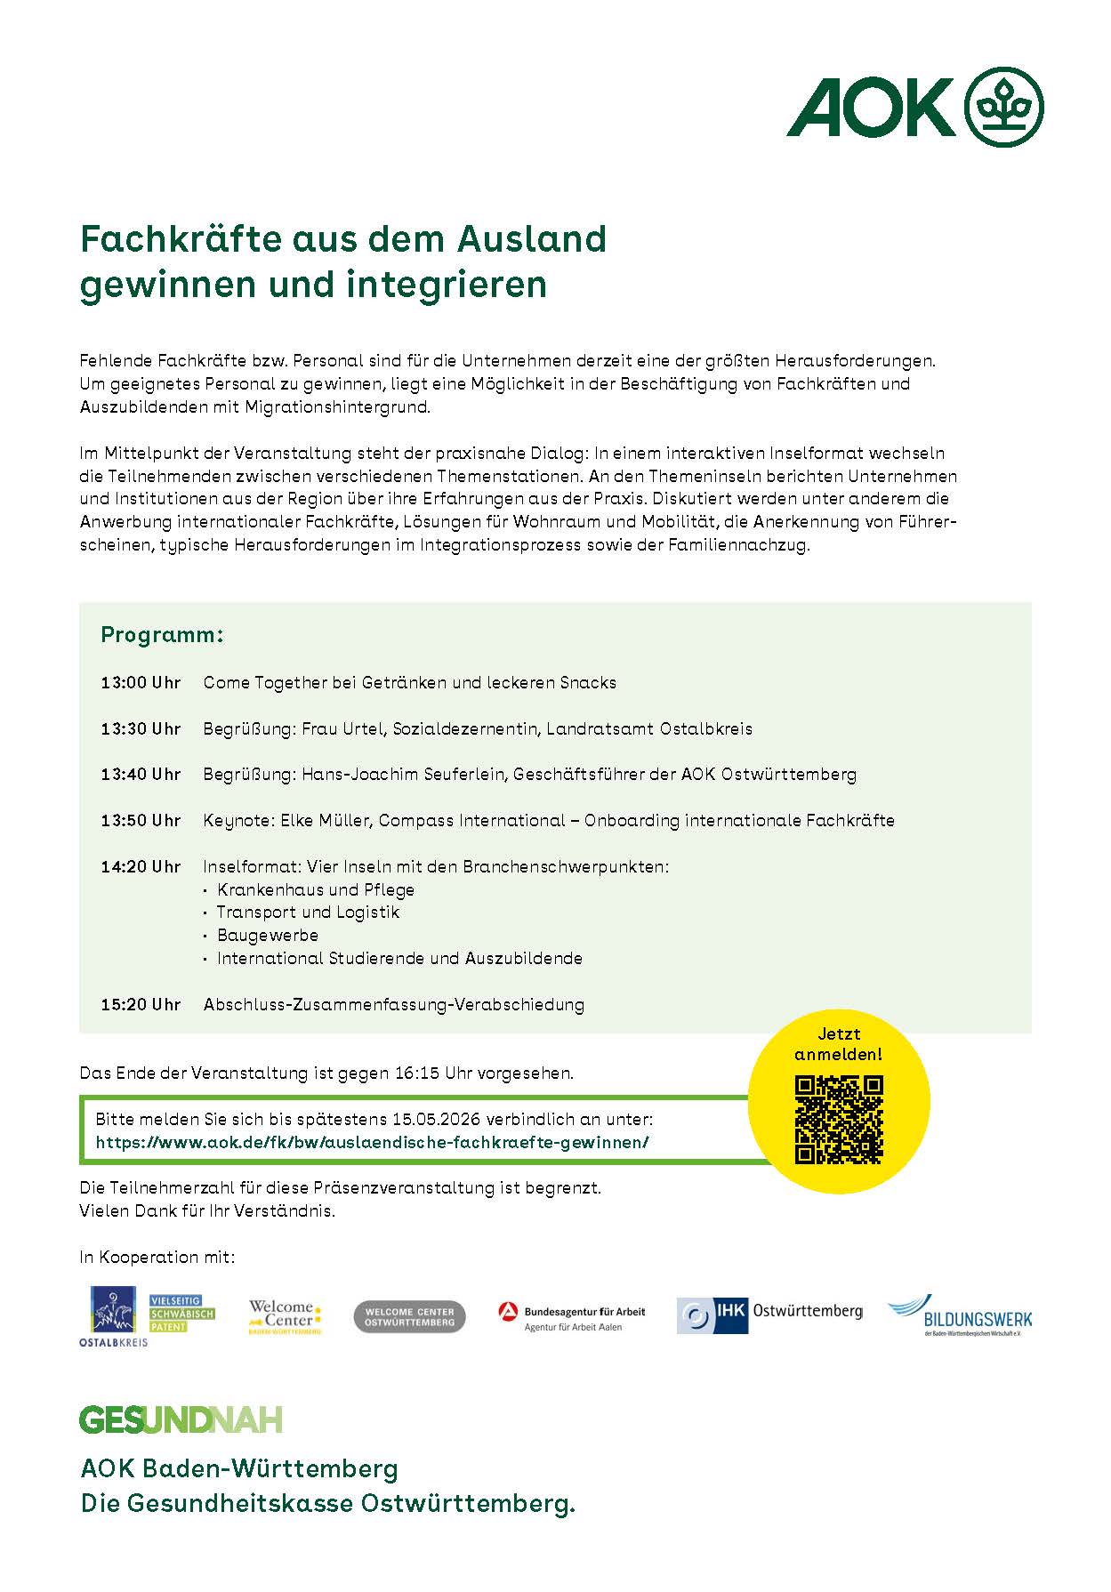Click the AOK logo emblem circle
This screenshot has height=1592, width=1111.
coord(1004,108)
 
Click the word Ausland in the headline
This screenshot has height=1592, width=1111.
coord(532,238)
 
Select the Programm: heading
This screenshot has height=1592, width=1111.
coord(162,635)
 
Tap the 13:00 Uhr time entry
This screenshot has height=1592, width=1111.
coord(141,683)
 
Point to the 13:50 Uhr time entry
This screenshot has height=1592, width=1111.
coord(141,821)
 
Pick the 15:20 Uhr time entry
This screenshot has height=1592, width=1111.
coord(141,1005)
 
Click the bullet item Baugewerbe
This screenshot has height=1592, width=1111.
coord(268,936)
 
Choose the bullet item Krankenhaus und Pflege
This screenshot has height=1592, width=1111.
coord(316,890)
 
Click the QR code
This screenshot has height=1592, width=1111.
coord(839,1120)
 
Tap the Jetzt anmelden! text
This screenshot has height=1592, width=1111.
coord(839,1044)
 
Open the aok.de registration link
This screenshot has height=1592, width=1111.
coord(373,1143)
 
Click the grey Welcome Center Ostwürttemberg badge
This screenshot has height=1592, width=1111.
coord(409,1317)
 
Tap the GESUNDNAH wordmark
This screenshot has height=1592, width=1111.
coord(181,1419)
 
